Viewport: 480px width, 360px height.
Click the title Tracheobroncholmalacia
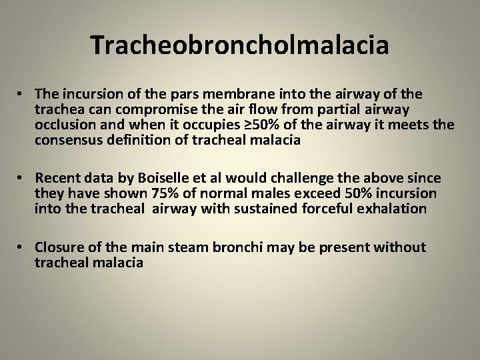[x=240, y=45]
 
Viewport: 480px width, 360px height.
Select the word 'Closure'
[x=59, y=247]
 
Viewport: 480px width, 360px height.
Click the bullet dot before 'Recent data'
[x=22, y=178]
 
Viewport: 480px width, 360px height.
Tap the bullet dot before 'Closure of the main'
[x=22, y=247]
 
